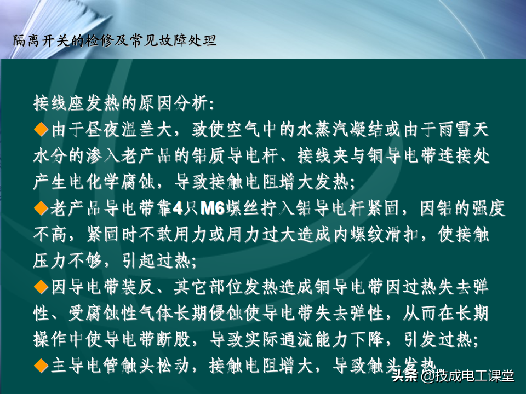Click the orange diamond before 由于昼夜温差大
point(41,129)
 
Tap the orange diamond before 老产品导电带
point(41,208)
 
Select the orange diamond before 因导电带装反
point(41,287)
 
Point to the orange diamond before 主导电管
point(41,366)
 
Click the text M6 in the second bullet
point(213,208)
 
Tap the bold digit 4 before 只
point(178,208)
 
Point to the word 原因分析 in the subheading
point(174,103)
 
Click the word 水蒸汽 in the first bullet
point(323,130)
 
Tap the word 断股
point(174,340)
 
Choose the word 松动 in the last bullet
point(174,366)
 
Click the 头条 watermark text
point(405,375)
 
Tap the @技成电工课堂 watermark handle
point(467,375)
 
